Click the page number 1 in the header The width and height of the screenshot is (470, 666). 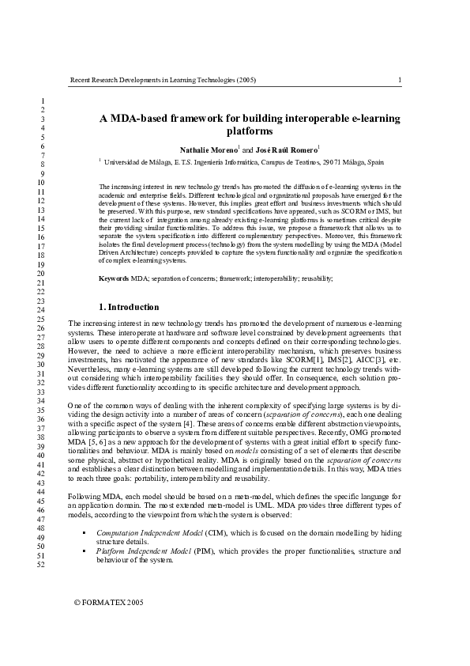[x=400, y=80]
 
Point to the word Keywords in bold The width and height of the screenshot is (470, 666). [x=114, y=278]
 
